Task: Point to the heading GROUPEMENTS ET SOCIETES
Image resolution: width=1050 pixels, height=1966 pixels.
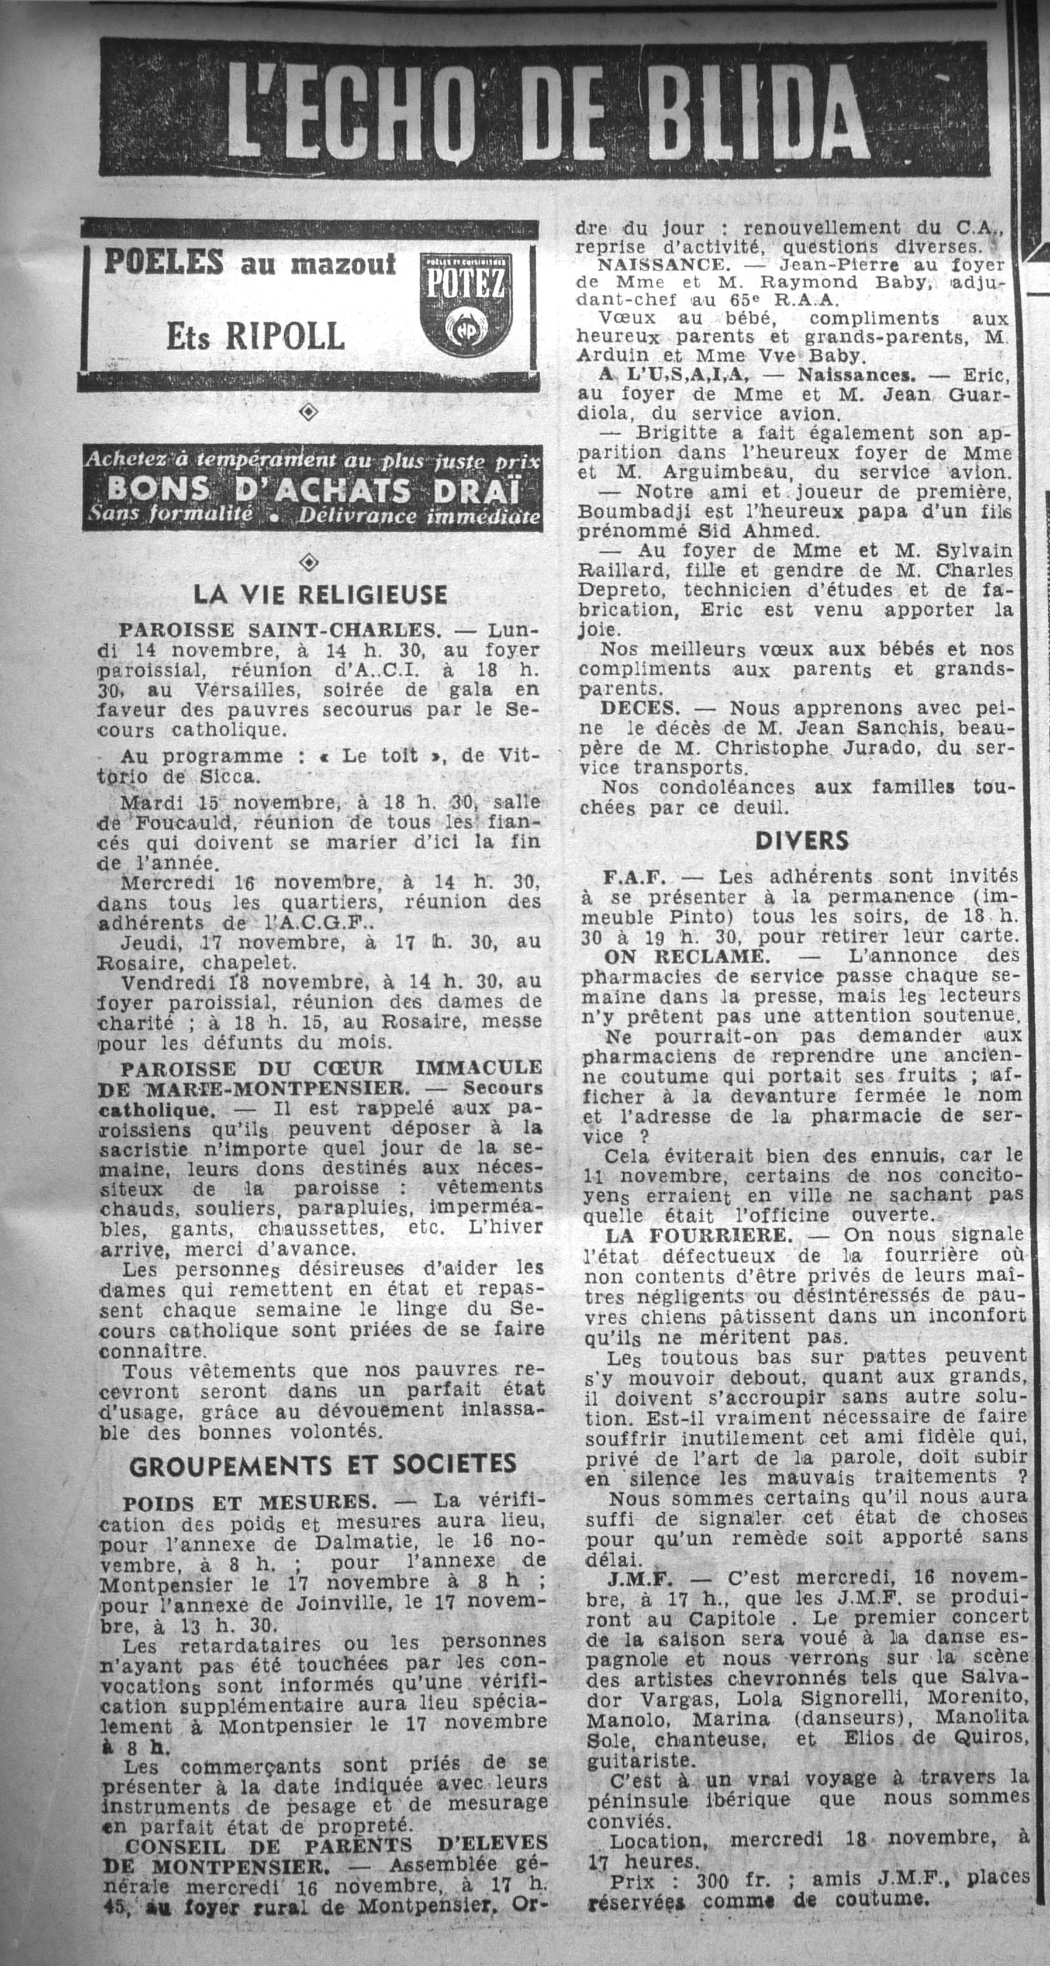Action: point(323,1463)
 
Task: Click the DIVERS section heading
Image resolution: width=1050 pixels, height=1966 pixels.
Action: point(802,841)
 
